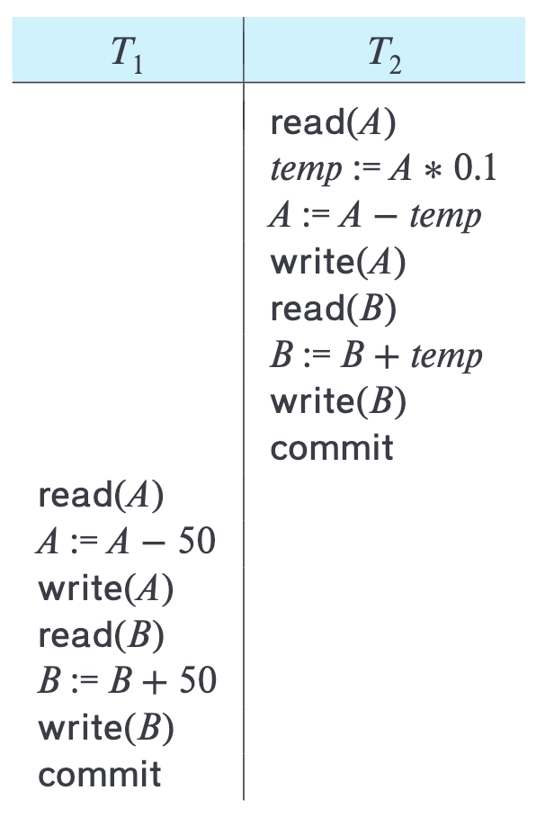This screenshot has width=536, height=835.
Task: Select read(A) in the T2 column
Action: coord(334,122)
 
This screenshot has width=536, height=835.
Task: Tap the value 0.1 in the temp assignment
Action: coord(475,168)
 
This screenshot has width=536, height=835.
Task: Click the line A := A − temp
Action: coord(375,216)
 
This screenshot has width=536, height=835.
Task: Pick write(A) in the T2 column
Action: coord(338,262)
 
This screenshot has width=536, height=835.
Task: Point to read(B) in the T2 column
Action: coord(334,309)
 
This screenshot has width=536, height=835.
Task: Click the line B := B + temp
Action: coord(376,355)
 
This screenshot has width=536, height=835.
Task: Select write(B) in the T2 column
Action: coord(338,401)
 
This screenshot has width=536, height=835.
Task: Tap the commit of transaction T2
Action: coord(332,448)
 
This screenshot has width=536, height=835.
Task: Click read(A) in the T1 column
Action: coord(101,495)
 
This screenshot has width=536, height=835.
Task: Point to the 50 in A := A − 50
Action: coord(197,541)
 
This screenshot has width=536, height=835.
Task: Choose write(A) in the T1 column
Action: coord(106,589)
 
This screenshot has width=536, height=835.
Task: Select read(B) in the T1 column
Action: coord(101,634)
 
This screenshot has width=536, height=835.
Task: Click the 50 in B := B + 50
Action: coord(198,680)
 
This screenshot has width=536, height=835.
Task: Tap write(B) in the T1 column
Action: coord(106,729)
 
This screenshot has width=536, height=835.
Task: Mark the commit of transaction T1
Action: coord(100,775)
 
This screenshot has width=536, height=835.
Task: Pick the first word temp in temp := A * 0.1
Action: coord(306,170)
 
